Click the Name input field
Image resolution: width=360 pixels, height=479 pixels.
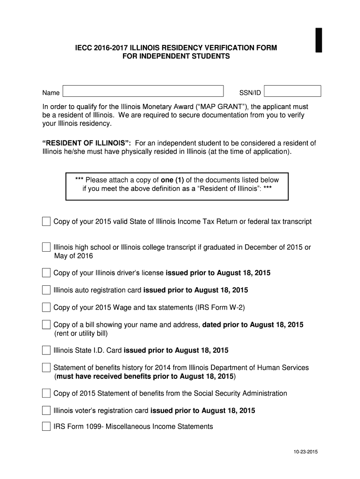click(x=143, y=91)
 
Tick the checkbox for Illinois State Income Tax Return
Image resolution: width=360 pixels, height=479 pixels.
click(x=46, y=221)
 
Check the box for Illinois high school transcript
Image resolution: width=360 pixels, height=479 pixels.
click(x=46, y=247)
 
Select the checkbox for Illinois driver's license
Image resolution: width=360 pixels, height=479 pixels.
click(x=46, y=273)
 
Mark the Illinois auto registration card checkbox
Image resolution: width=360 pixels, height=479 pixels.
click(x=46, y=290)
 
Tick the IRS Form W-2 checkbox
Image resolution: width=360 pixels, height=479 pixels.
click(x=46, y=307)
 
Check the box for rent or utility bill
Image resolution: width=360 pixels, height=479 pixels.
click(x=46, y=325)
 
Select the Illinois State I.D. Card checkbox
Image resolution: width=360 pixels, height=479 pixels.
click(x=46, y=350)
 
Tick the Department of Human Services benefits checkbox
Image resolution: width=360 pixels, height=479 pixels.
click(x=46, y=368)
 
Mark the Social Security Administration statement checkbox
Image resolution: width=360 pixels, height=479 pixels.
click(x=46, y=393)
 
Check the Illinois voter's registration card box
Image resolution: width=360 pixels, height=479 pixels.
click(x=46, y=411)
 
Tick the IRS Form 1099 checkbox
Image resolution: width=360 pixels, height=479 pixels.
click(x=46, y=427)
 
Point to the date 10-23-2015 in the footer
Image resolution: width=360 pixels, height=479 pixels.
click(x=306, y=452)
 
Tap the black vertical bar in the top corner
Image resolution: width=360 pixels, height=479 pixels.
click(x=319, y=40)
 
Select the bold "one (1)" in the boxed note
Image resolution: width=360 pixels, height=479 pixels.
click(x=173, y=180)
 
